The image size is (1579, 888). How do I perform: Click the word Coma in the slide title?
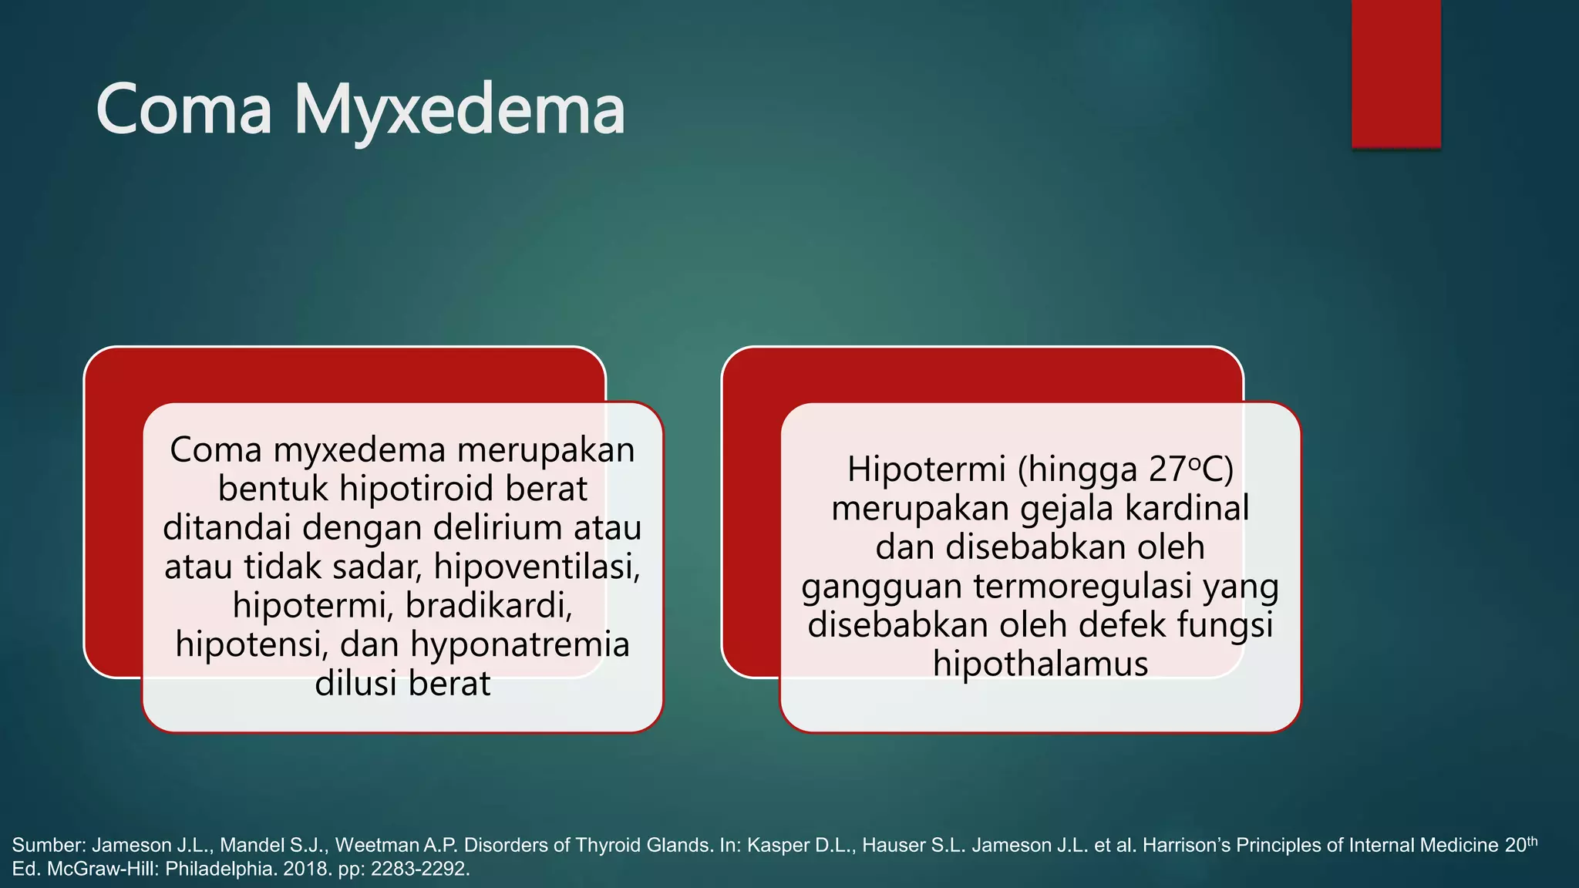(x=183, y=111)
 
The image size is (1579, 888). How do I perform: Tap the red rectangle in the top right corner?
(x=1396, y=73)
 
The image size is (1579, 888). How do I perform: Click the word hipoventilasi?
(x=537, y=567)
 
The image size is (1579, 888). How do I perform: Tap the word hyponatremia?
(x=520, y=644)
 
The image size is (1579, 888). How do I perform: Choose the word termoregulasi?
(x=1079, y=586)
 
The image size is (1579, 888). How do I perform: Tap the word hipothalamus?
(x=1040, y=664)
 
